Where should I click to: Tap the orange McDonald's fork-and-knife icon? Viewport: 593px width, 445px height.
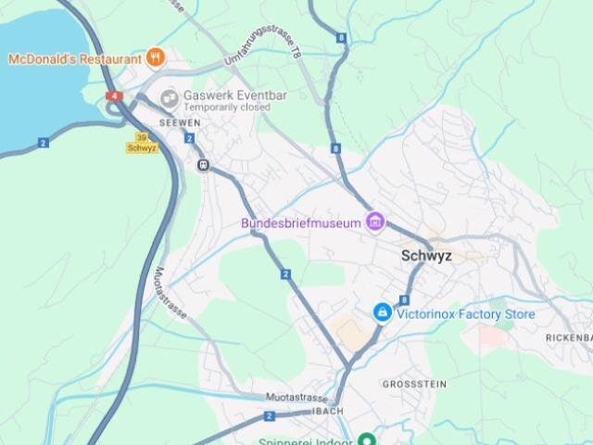(x=156, y=57)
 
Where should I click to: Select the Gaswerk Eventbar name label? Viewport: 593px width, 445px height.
(x=226, y=95)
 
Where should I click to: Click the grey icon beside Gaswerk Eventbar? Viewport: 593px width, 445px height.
(x=170, y=97)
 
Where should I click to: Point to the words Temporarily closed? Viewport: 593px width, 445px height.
(x=226, y=108)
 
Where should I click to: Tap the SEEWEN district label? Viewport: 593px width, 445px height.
(x=180, y=122)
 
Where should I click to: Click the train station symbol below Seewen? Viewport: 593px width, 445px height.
(x=202, y=163)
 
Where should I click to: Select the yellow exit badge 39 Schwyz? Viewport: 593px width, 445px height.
(x=142, y=142)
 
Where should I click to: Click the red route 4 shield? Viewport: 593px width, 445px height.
(x=114, y=95)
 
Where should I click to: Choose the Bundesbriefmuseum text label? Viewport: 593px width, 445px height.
(x=300, y=222)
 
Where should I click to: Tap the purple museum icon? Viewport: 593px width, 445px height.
(x=374, y=221)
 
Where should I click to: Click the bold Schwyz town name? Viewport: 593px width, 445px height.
(x=426, y=256)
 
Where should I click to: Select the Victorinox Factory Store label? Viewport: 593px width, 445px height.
(x=466, y=314)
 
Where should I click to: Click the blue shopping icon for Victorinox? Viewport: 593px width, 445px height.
(x=381, y=313)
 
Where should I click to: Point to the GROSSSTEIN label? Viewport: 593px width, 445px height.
(x=414, y=383)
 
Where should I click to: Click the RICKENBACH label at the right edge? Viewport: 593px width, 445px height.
(x=568, y=337)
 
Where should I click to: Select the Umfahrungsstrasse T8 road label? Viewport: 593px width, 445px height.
(x=262, y=46)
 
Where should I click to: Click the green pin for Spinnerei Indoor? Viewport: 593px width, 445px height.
(x=367, y=439)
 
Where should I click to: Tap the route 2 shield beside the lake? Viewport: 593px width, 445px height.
(x=44, y=143)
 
